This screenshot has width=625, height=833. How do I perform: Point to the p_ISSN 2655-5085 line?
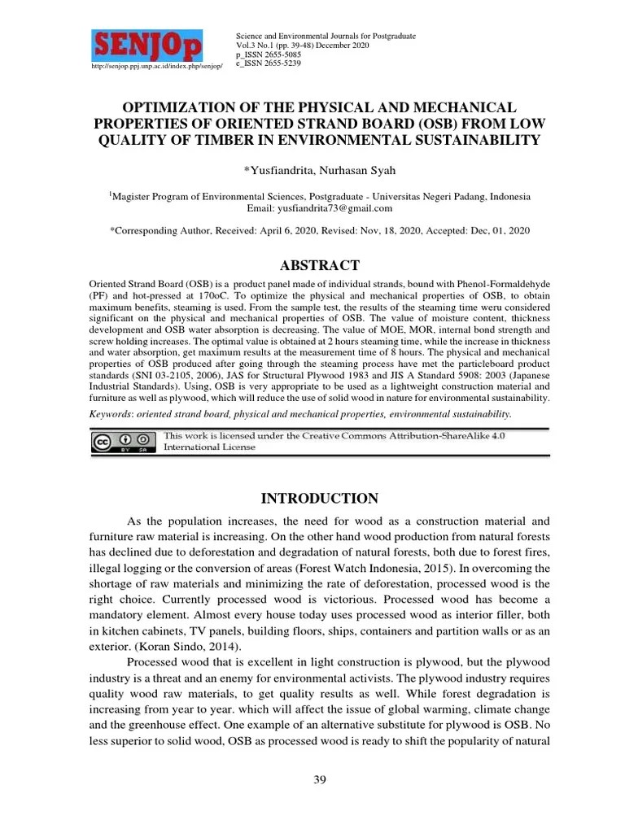[269, 55]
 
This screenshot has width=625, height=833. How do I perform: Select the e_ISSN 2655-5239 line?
[269, 63]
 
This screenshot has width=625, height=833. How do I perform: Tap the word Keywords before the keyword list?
[111, 414]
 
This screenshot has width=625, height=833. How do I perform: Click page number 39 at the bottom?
[320, 781]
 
